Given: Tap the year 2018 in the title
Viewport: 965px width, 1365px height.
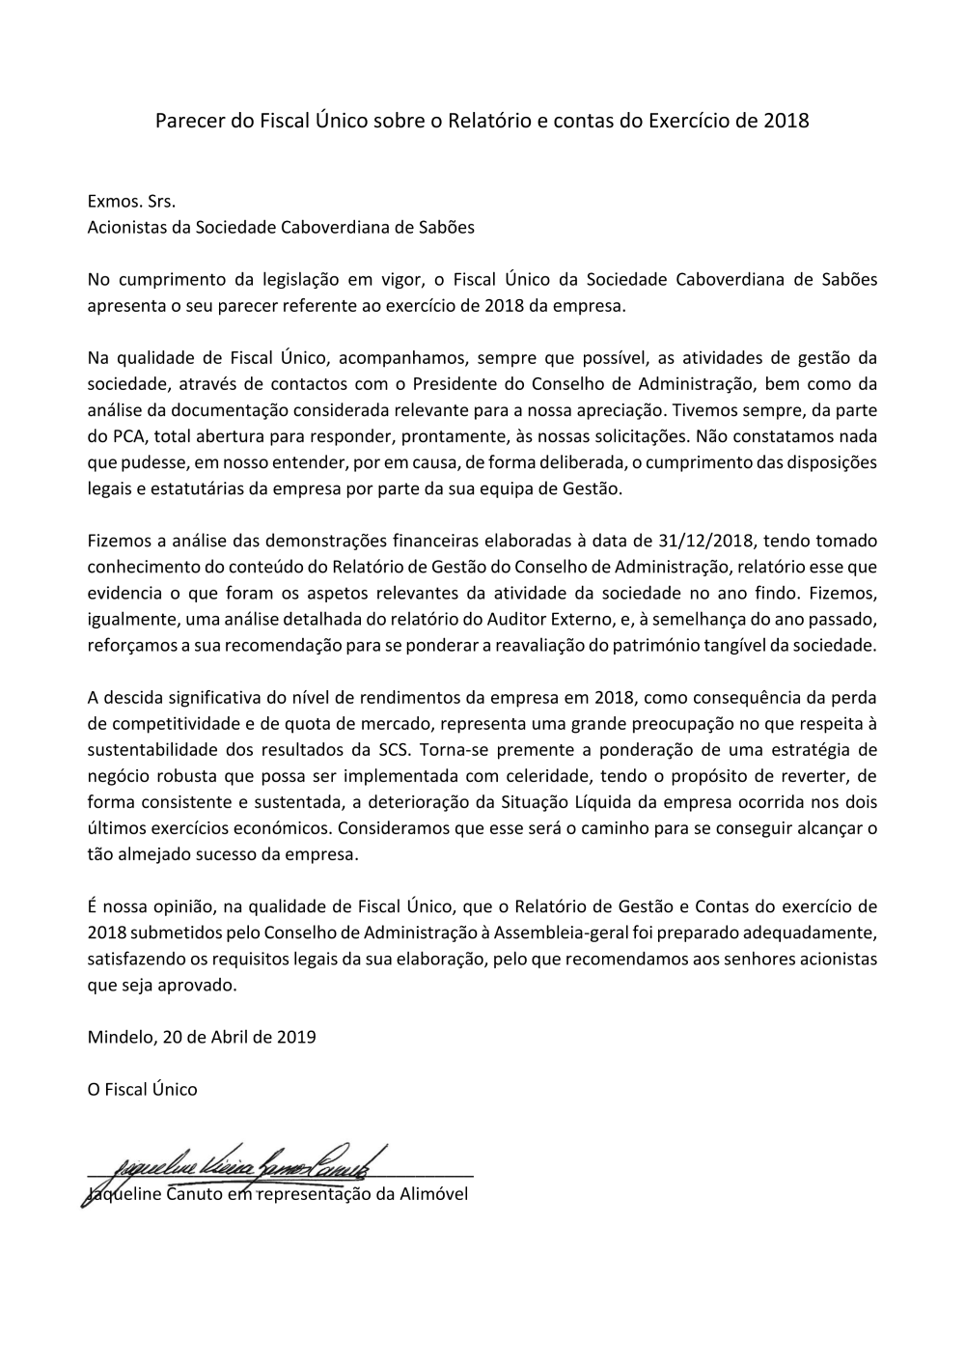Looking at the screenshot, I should coord(786,122).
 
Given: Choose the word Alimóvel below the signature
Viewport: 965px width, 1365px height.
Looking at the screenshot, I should coord(434,1194).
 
